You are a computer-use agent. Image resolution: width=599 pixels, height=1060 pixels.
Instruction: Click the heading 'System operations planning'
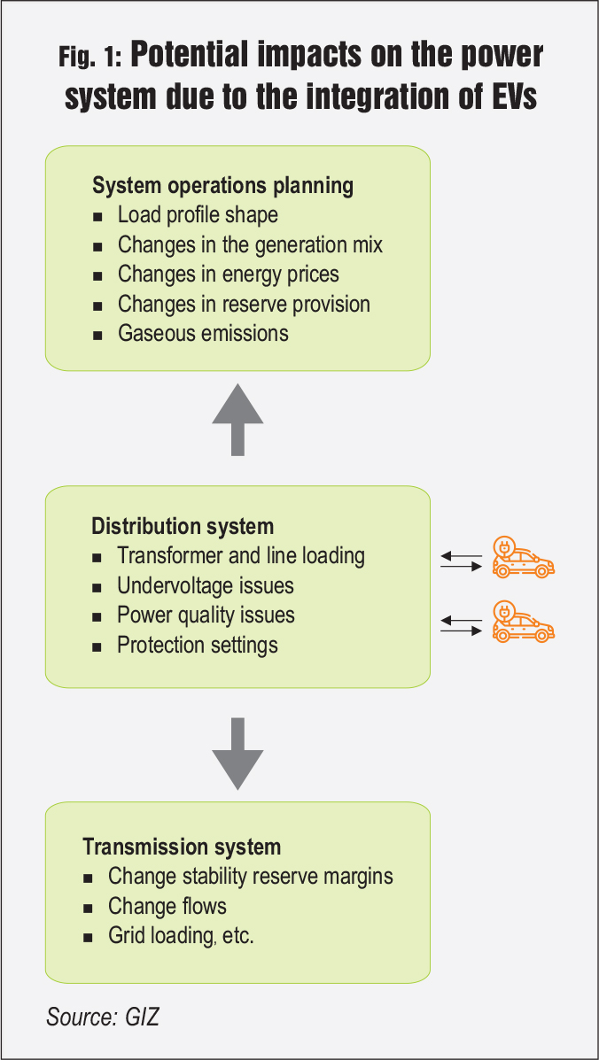[222, 186]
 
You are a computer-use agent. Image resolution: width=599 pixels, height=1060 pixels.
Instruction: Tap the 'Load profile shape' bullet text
[198, 215]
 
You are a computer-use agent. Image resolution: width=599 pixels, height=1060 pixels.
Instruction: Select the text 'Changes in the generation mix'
[250, 244]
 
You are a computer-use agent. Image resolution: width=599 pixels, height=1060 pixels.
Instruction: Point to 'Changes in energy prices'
[228, 275]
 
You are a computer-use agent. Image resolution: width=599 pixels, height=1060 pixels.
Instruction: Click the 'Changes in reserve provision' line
[244, 304]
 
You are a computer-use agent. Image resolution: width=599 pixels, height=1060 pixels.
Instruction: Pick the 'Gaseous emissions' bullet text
[203, 333]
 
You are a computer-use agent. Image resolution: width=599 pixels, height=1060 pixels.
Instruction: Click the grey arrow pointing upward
[237, 420]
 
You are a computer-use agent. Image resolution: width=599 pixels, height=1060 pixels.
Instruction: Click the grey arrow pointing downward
[237, 753]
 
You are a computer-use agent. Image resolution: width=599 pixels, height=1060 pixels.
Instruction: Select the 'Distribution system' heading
[183, 526]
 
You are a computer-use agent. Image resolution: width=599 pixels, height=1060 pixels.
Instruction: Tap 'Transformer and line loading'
[241, 556]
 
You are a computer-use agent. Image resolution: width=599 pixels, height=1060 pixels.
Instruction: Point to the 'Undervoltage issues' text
[206, 585]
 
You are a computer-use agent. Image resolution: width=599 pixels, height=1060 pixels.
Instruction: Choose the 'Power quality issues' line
[206, 615]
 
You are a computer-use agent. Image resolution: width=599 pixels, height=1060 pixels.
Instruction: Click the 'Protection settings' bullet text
[198, 645]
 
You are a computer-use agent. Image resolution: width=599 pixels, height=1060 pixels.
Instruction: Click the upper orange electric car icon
[523, 558]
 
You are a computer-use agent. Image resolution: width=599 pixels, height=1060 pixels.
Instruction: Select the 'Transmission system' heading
[182, 847]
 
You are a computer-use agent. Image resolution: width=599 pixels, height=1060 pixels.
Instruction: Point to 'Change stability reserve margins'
[251, 877]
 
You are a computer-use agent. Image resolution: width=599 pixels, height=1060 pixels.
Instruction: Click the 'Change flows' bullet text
[167, 906]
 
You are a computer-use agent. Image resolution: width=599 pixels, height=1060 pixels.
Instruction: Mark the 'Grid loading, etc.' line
[181, 936]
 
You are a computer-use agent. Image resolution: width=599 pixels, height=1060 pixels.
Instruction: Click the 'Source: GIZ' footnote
[103, 1017]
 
